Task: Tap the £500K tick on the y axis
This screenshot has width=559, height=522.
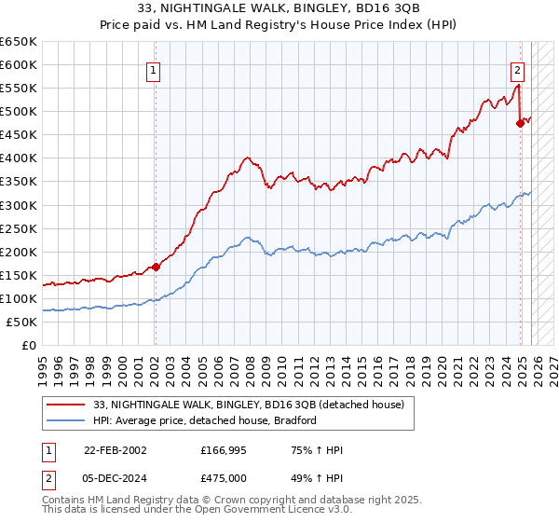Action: [x=19, y=112]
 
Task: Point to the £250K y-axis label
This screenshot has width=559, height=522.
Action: [x=19, y=228]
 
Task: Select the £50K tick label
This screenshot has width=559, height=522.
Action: [x=21, y=322]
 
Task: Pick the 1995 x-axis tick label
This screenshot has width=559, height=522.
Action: [x=43, y=364]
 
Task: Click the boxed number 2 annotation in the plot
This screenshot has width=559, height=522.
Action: [x=517, y=69]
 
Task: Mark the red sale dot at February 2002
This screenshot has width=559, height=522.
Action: [x=156, y=267]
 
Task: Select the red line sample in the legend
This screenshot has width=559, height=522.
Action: [x=67, y=405]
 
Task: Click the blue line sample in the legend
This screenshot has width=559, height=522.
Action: [x=67, y=420]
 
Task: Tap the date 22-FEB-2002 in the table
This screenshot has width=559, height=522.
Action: [x=115, y=451]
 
